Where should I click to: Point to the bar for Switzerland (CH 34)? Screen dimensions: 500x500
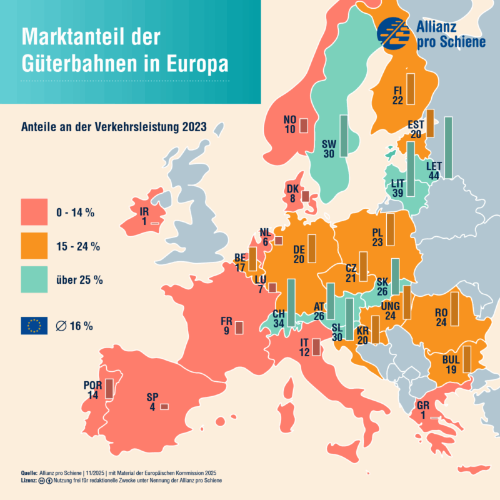[x=291, y=302]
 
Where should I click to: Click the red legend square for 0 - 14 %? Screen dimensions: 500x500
[x=34, y=212]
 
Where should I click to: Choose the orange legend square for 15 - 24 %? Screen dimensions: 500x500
[x=34, y=246]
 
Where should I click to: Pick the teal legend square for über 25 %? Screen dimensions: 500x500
[x=34, y=279]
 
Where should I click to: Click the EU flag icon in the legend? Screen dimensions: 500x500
[x=34, y=326]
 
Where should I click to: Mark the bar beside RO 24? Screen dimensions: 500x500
[x=454, y=309]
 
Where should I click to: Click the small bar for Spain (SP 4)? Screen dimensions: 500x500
[x=164, y=407]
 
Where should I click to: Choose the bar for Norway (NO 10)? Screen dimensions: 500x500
[x=304, y=126]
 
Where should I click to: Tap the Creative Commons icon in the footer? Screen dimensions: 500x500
[x=42, y=481]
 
